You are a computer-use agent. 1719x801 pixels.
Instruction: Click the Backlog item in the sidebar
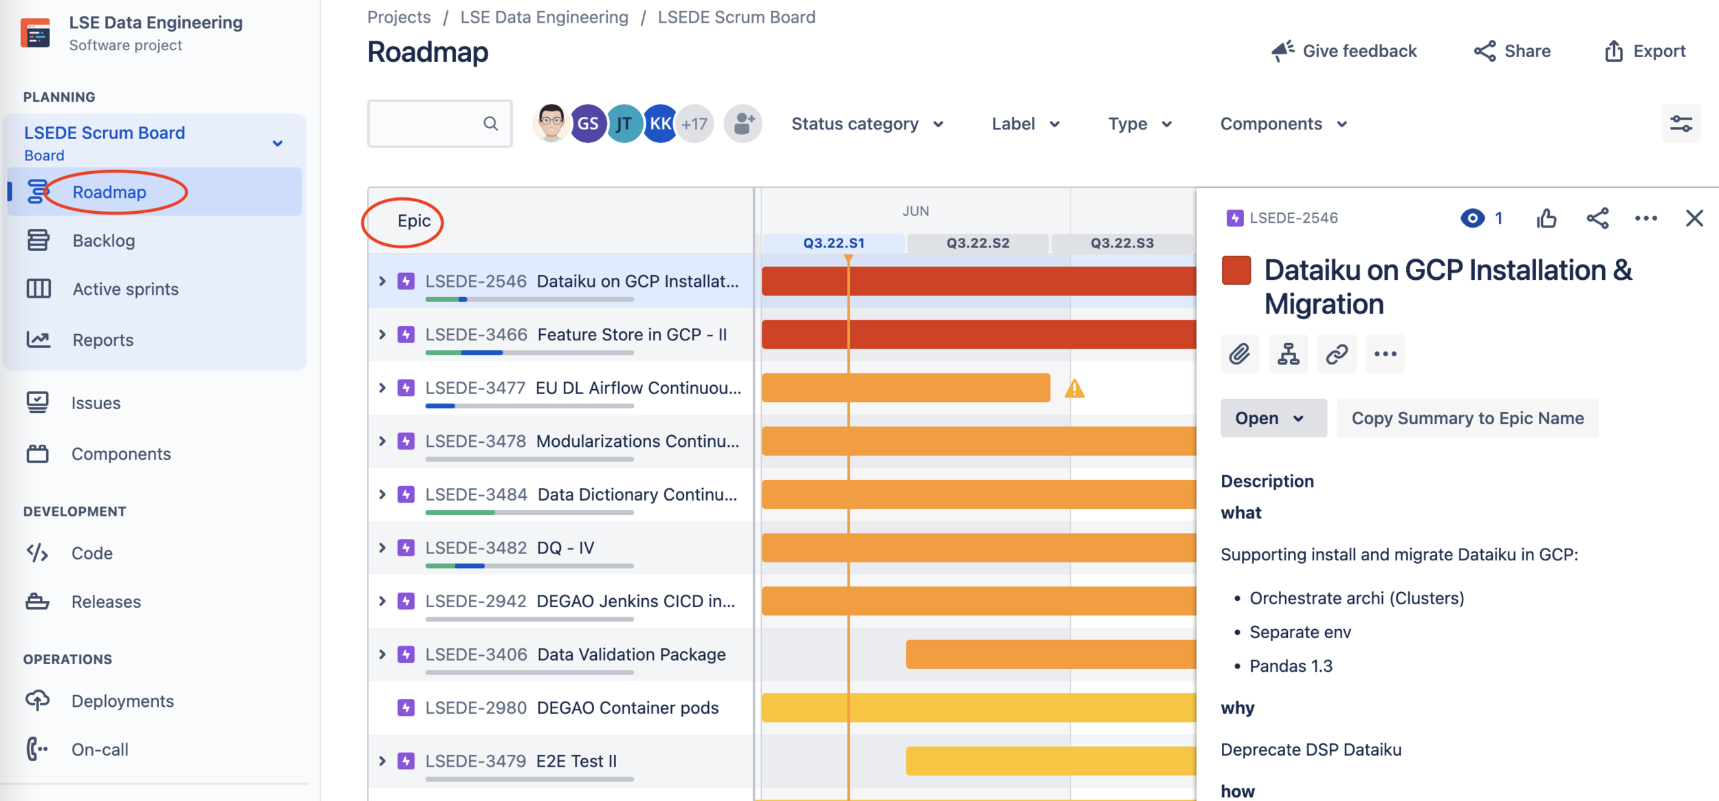103,241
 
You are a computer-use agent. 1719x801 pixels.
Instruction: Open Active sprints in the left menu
125,289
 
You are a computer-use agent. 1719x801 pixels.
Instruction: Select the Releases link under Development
106,602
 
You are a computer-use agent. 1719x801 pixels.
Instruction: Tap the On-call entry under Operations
100,749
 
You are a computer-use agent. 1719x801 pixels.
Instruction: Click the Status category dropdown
867,124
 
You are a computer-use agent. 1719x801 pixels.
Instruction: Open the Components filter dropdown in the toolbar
1283,124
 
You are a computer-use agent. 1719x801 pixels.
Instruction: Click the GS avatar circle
588,124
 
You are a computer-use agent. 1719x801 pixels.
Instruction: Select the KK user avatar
660,124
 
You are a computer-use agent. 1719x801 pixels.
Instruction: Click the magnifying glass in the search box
490,124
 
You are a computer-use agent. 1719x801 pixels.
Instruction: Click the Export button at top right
1645,51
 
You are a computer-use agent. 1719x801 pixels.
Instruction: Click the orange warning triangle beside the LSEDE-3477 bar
1075,389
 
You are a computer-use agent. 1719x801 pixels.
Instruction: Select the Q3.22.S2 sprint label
978,243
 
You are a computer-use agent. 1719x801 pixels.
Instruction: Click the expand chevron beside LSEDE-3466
382,335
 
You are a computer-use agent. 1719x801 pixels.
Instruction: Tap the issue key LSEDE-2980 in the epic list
476,708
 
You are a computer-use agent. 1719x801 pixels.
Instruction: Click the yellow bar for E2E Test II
1051,761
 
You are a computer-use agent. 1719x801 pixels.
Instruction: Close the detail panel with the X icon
1694,219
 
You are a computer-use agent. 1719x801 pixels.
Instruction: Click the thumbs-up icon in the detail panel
1546,219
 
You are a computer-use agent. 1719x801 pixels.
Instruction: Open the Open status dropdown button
1273,418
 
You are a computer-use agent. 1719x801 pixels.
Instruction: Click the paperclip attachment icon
1240,354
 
